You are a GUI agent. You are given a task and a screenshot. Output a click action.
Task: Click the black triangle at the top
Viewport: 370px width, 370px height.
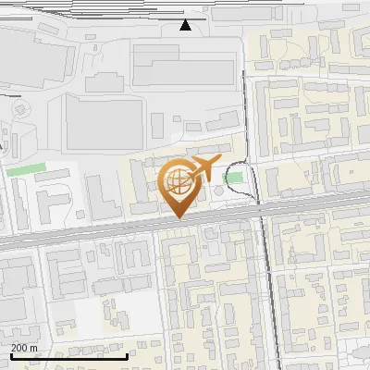click(186, 25)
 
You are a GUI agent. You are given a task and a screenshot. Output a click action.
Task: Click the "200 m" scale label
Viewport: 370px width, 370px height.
click(24, 348)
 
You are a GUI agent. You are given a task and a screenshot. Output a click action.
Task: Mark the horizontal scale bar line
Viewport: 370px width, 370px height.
click(68, 356)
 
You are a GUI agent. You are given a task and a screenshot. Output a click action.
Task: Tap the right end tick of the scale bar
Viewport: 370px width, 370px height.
click(127, 354)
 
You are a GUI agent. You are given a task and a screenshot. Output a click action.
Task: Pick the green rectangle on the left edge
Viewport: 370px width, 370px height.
click(25, 169)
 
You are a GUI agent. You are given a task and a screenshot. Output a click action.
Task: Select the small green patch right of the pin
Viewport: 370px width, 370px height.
click(235, 177)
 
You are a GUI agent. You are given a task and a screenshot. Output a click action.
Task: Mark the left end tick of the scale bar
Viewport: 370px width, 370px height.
click(10, 354)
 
